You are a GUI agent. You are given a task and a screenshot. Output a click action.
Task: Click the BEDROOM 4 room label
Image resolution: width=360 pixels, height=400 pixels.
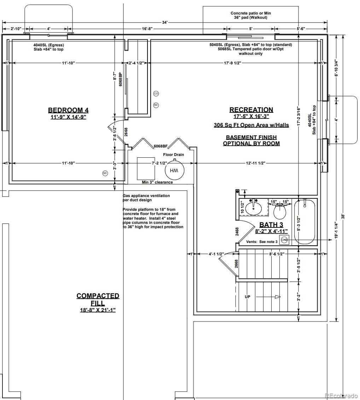[68, 110]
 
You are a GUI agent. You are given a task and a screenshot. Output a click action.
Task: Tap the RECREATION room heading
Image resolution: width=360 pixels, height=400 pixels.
[251, 110]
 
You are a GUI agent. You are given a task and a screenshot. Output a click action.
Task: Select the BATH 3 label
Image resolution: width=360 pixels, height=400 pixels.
[271, 225]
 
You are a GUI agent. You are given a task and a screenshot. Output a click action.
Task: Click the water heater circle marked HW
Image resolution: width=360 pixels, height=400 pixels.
[174, 170]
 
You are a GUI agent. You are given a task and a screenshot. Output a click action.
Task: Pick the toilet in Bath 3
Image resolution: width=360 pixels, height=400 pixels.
[280, 210]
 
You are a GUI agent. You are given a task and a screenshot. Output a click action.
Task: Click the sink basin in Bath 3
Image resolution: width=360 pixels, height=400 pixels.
[253, 208]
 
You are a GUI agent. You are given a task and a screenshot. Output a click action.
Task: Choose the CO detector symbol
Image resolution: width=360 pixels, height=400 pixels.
[156, 94]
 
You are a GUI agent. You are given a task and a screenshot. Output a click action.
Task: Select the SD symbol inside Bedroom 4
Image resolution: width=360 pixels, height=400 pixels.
[105, 173]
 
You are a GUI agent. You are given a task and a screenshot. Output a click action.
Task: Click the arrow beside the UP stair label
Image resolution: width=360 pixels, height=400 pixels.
[268, 297]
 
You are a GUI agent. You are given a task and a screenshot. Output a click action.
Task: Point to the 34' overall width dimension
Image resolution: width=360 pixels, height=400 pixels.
[165, 22]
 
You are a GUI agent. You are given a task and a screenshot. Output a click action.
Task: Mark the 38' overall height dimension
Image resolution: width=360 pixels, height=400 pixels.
[343, 216]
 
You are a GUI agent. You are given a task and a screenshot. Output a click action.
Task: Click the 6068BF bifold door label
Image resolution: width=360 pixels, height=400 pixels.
[161, 146]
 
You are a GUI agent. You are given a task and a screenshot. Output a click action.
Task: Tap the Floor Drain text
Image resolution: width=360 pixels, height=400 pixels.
[174, 155]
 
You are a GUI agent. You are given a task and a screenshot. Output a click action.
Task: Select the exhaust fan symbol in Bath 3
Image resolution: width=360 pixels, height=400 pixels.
[284, 240]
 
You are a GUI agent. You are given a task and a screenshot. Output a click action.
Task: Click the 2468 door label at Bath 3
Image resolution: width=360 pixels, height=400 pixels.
[237, 232]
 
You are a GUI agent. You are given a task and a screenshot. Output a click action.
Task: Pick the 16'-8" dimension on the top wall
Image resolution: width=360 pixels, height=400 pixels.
[147, 29]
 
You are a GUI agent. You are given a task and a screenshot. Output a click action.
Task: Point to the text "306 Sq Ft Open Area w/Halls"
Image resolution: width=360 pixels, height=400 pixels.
[251, 125]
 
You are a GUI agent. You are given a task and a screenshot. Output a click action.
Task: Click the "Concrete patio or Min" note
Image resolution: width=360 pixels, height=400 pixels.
[251, 13]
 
